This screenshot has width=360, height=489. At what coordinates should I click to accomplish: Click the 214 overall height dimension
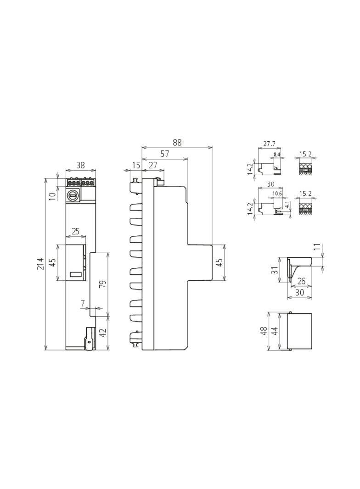pos(40,264)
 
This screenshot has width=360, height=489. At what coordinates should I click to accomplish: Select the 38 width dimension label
pos(80,165)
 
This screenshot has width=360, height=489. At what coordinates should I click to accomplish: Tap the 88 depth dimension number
pos(177,142)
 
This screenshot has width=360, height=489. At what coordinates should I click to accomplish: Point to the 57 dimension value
pos(165,154)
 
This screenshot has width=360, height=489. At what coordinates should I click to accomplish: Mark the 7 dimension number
pos(83,303)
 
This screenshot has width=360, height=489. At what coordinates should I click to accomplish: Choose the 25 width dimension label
pos(76,231)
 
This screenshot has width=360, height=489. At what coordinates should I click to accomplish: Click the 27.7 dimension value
pos(269,144)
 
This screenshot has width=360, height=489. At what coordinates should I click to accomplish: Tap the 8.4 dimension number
pos(277,155)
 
